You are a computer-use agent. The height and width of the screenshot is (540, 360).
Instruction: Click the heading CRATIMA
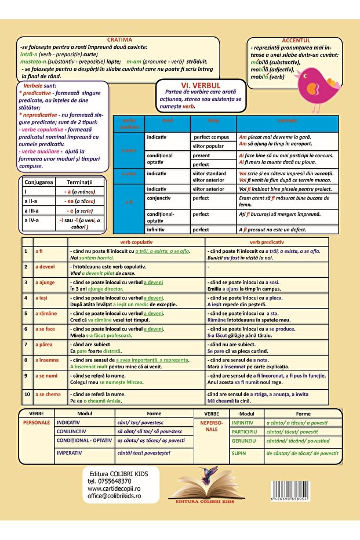pos(119,39)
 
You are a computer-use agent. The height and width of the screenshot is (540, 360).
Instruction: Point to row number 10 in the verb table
pos(27,394)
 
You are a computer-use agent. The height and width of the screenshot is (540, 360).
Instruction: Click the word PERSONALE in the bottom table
pos(37,423)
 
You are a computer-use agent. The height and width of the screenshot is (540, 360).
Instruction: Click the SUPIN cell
pos(238,453)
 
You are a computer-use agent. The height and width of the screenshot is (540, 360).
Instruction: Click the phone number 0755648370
pos(110,481)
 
